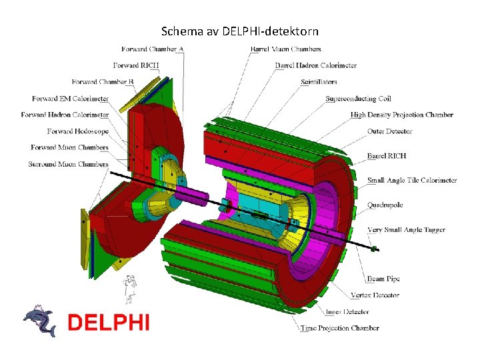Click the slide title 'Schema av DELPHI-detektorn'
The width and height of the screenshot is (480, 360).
[x=240, y=31]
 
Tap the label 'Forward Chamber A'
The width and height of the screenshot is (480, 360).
[x=153, y=49]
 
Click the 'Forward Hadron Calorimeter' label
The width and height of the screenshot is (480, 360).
[x=65, y=115]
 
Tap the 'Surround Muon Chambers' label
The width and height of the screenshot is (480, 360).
[x=68, y=164]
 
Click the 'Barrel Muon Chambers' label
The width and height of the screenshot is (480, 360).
[x=285, y=49]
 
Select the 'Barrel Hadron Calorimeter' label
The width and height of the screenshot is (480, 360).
[x=315, y=65]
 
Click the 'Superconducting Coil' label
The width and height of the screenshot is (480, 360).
[x=358, y=99]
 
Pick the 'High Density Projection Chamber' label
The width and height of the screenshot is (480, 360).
[x=401, y=115]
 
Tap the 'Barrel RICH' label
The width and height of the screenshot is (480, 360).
[x=387, y=156]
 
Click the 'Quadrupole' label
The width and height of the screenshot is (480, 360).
[x=385, y=205]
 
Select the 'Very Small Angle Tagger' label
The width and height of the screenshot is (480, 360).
[x=406, y=230]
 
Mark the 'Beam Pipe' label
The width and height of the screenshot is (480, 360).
[x=383, y=279]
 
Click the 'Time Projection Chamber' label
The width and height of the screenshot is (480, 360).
[x=339, y=328]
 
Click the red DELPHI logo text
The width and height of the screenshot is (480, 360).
[x=109, y=323]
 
